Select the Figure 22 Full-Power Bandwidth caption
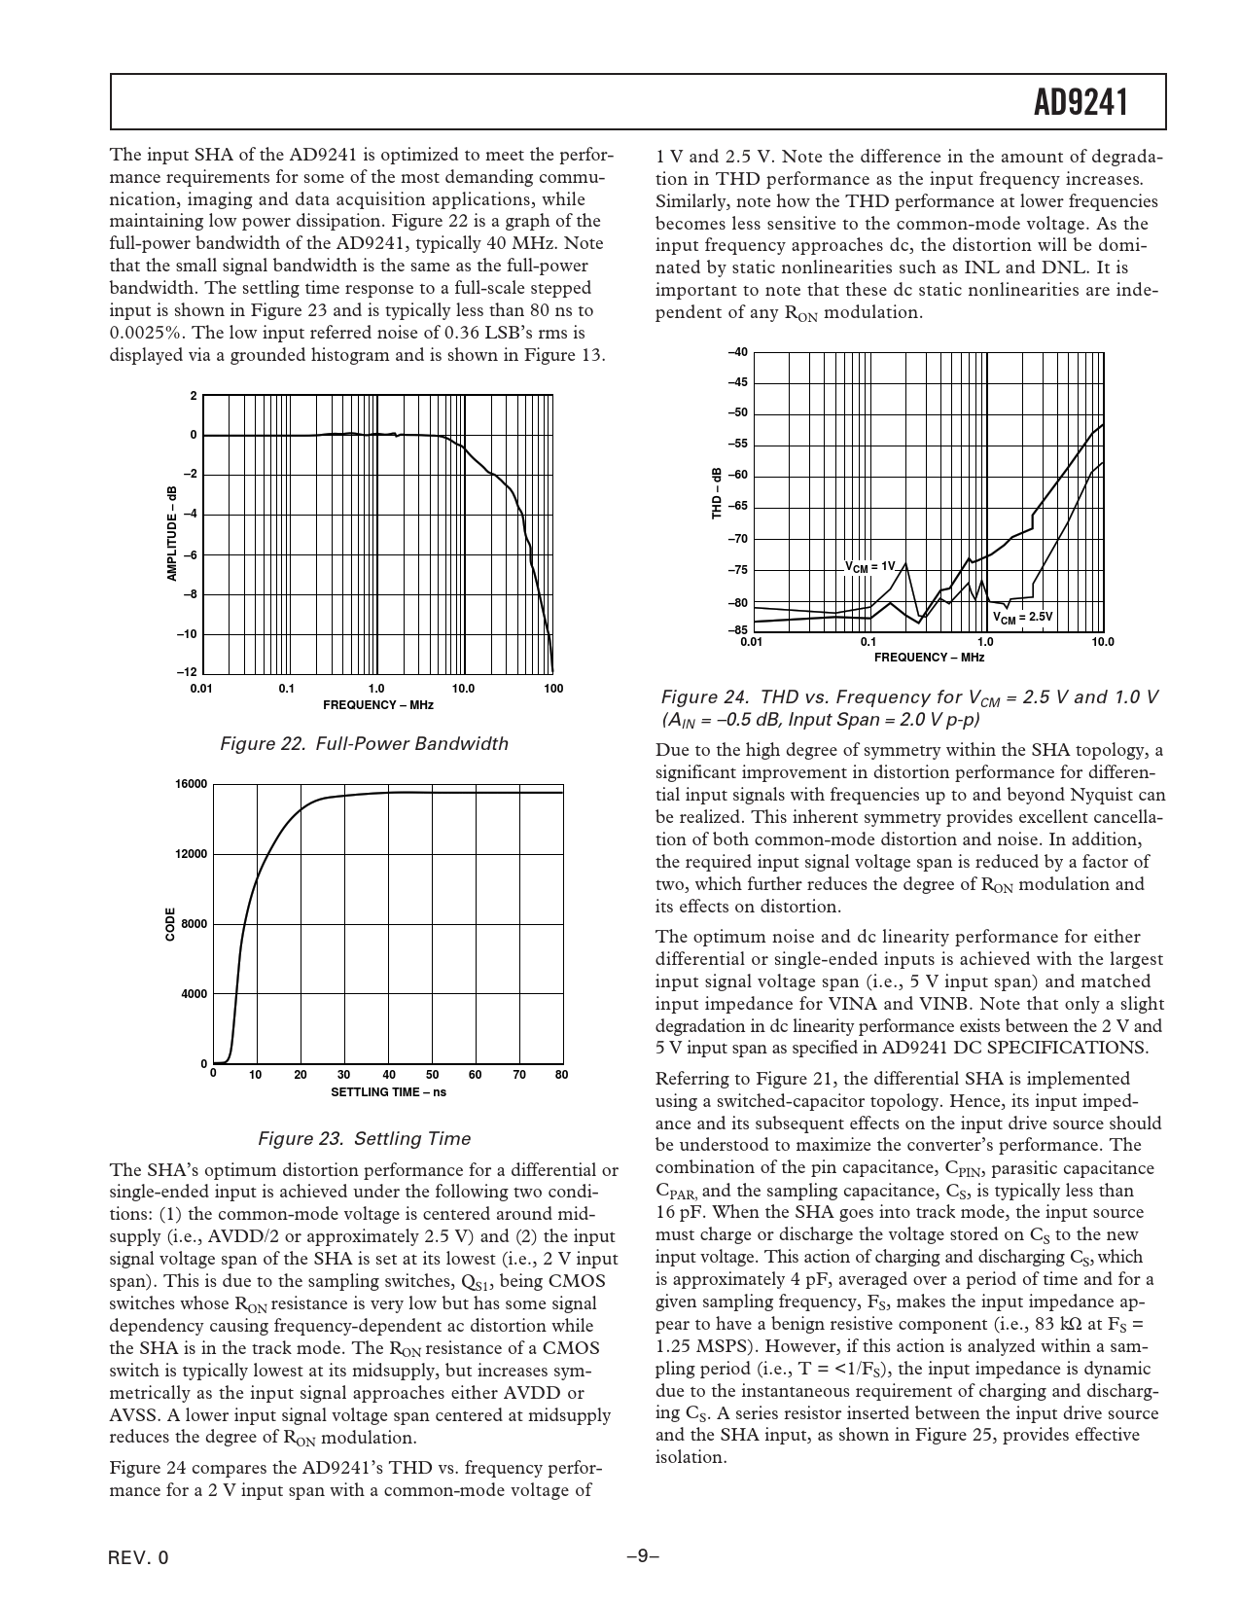tap(364, 744)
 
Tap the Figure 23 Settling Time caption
tap(364, 1138)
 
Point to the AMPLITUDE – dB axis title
tap(172, 534)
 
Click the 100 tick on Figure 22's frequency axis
tap(553, 689)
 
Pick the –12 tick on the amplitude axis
tap(187, 673)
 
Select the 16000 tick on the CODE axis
tap(192, 784)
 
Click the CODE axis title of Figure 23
tap(170, 924)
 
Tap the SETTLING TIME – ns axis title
tap(388, 1091)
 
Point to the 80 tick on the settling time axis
tap(561, 1075)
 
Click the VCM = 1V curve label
tap(868, 566)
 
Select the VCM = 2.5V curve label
tap(1022, 617)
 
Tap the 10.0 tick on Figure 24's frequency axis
tap(1102, 642)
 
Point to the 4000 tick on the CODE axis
tap(194, 994)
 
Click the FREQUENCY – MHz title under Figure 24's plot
tap(929, 658)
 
